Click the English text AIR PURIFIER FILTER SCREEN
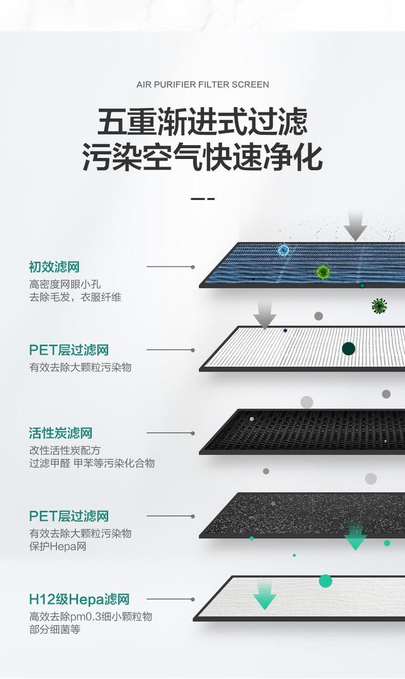(202, 85)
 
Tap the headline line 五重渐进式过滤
(202, 122)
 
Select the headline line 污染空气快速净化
(202, 157)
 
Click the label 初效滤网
(54, 267)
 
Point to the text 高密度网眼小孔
(65, 284)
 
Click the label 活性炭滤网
(60, 433)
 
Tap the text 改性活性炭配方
(65, 450)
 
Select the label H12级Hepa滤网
(79, 600)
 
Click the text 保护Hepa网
(57, 547)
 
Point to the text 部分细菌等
(55, 630)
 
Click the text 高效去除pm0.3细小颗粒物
(91, 616)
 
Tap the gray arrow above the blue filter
(355, 226)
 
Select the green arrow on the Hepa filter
(265, 596)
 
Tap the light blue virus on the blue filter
(283, 250)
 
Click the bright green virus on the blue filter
(322, 272)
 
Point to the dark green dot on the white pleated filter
(349, 349)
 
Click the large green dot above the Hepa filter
(326, 581)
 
